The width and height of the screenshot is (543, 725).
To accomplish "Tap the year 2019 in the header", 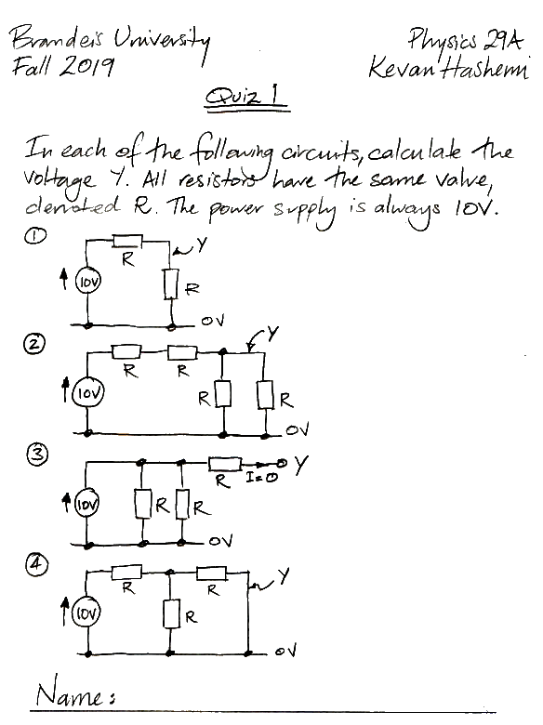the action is tap(87, 66).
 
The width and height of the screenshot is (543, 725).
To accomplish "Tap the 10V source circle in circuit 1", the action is tap(88, 282).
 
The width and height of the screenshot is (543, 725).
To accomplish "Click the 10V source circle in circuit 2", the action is tap(88, 392).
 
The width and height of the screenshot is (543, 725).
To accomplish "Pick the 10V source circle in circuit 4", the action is tap(86, 613).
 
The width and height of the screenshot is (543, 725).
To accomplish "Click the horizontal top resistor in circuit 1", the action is tap(128, 241).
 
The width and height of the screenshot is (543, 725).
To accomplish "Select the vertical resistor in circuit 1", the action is tap(171, 283).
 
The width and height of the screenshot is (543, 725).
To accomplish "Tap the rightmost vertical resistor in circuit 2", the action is tap(266, 394).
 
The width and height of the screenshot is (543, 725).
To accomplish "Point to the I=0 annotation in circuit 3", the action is tap(262, 478).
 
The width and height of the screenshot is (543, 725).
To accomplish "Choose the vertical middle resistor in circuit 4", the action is tap(171, 613).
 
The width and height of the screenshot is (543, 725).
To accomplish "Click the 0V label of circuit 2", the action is tap(298, 430).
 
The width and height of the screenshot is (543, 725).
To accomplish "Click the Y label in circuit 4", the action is tap(284, 576).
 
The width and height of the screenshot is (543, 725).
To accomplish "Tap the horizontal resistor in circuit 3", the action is tap(225, 463).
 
